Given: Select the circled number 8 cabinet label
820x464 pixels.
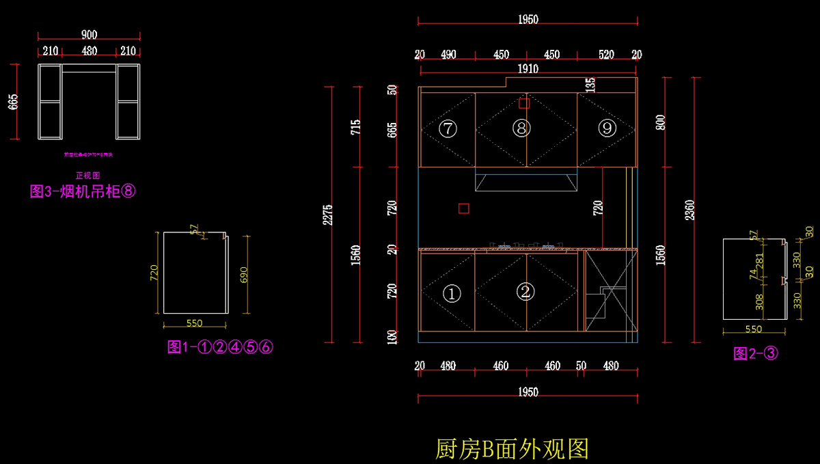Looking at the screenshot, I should click(521, 128).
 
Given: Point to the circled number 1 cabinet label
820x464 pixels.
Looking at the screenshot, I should click(452, 294).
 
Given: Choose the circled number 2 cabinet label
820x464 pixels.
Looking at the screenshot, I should click(525, 292).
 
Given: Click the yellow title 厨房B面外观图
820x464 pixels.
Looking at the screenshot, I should click(512, 449).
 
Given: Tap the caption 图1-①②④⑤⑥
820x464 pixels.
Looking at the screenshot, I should click(220, 347).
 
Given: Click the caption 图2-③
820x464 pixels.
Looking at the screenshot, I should click(756, 353).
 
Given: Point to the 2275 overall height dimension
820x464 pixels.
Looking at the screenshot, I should click(328, 217).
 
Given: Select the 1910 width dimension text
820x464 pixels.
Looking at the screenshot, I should click(527, 68).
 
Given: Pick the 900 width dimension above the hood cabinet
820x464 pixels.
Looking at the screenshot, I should click(89, 35).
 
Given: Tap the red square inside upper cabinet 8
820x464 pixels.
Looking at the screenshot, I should click(524, 104).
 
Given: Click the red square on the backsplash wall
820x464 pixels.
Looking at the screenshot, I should click(463, 208).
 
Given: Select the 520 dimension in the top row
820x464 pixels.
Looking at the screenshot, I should click(606, 55).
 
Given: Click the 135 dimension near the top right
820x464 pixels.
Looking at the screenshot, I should click(590, 85).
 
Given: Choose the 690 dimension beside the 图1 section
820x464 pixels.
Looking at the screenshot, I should click(244, 274).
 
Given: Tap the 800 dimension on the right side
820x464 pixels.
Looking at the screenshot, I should click(661, 123).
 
